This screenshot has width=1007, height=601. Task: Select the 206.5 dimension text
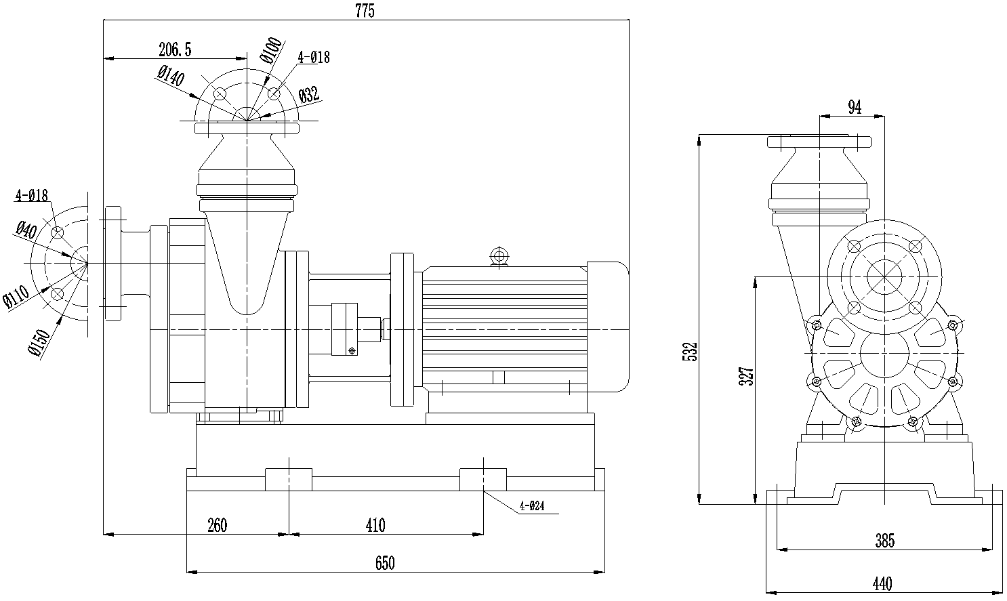pyautogui.click(x=175, y=49)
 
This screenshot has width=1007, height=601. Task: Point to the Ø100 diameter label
pyautogui.click(x=270, y=51)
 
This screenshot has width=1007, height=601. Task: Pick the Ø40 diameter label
pyautogui.click(x=26, y=228)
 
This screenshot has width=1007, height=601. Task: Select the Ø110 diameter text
pyautogui.click(x=16, y=297)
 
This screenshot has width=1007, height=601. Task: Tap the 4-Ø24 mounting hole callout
pyautogui.click(x=532, y=505)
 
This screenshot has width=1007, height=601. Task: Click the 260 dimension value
pyautogui.click(x=217, y=524)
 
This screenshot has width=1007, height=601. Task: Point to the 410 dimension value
pyautogui.click(x=375, y=524)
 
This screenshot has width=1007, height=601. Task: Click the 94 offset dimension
pyautogui.click(x=855, y=106)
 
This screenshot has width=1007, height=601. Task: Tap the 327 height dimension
pyautogui.click(x=746, y=377)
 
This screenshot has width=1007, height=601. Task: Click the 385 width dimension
pyautogui.click(x=884, y=540)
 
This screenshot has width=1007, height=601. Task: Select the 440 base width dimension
pyautogui.click(x=882, y=583)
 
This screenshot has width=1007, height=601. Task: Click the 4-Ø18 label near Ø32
pyautogui.click(x=314, y=58)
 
